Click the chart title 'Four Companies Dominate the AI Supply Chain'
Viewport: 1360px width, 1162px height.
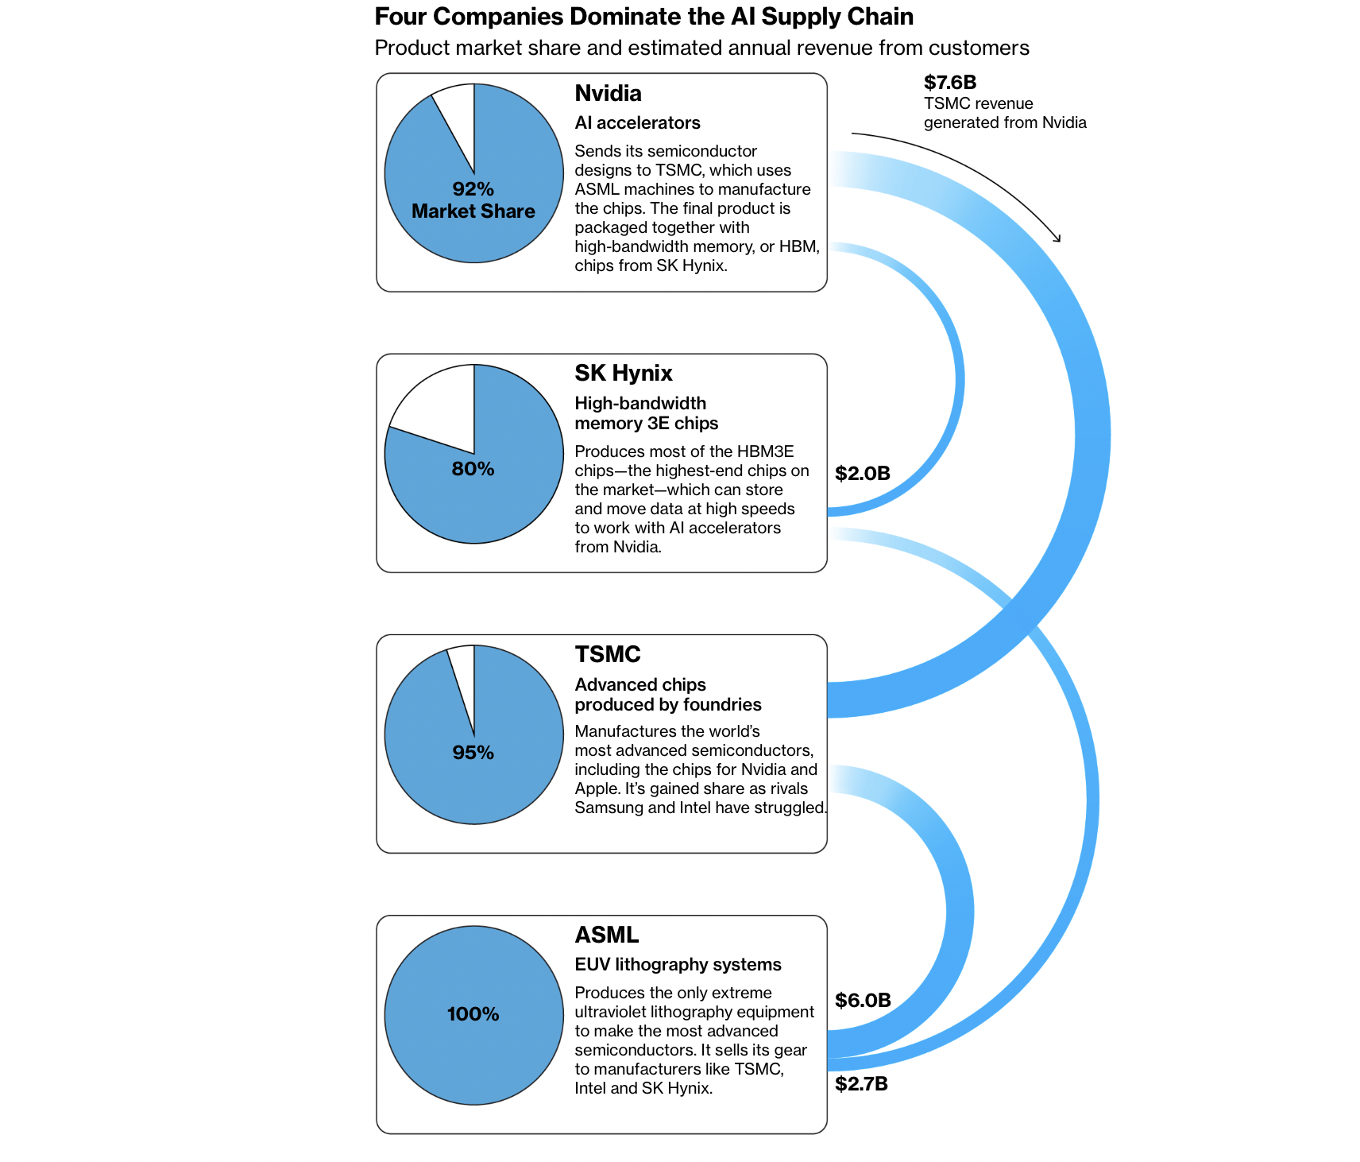click(x=644, y=17)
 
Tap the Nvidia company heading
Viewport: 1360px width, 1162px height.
click(x=608, y=93)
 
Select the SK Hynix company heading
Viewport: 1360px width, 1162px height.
click(x=624, y=373)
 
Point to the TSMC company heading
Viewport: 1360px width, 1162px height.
click(x=608, y=654)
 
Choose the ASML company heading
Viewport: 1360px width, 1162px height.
click(x=607, y=935)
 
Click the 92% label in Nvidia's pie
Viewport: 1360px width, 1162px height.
click(x=473, y=189)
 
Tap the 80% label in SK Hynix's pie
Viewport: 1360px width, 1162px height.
click(x=473, y=469)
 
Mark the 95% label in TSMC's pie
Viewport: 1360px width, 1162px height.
click(x=473, y=753)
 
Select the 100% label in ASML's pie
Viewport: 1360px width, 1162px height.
click(x=473, y=1014)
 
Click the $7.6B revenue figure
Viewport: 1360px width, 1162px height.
click(x=950, y=83)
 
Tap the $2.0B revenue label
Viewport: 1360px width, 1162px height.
click(x=863, y=474)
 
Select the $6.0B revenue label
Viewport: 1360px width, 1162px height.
click(x=863, y=1001)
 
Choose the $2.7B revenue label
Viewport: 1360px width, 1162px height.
click(x=862, y=1084)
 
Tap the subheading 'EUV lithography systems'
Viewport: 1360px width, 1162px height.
click(x=678, y=965)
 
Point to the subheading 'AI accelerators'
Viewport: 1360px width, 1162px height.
click(x=638, y=123)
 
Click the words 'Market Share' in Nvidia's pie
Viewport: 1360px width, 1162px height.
click(x=473, y=211)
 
